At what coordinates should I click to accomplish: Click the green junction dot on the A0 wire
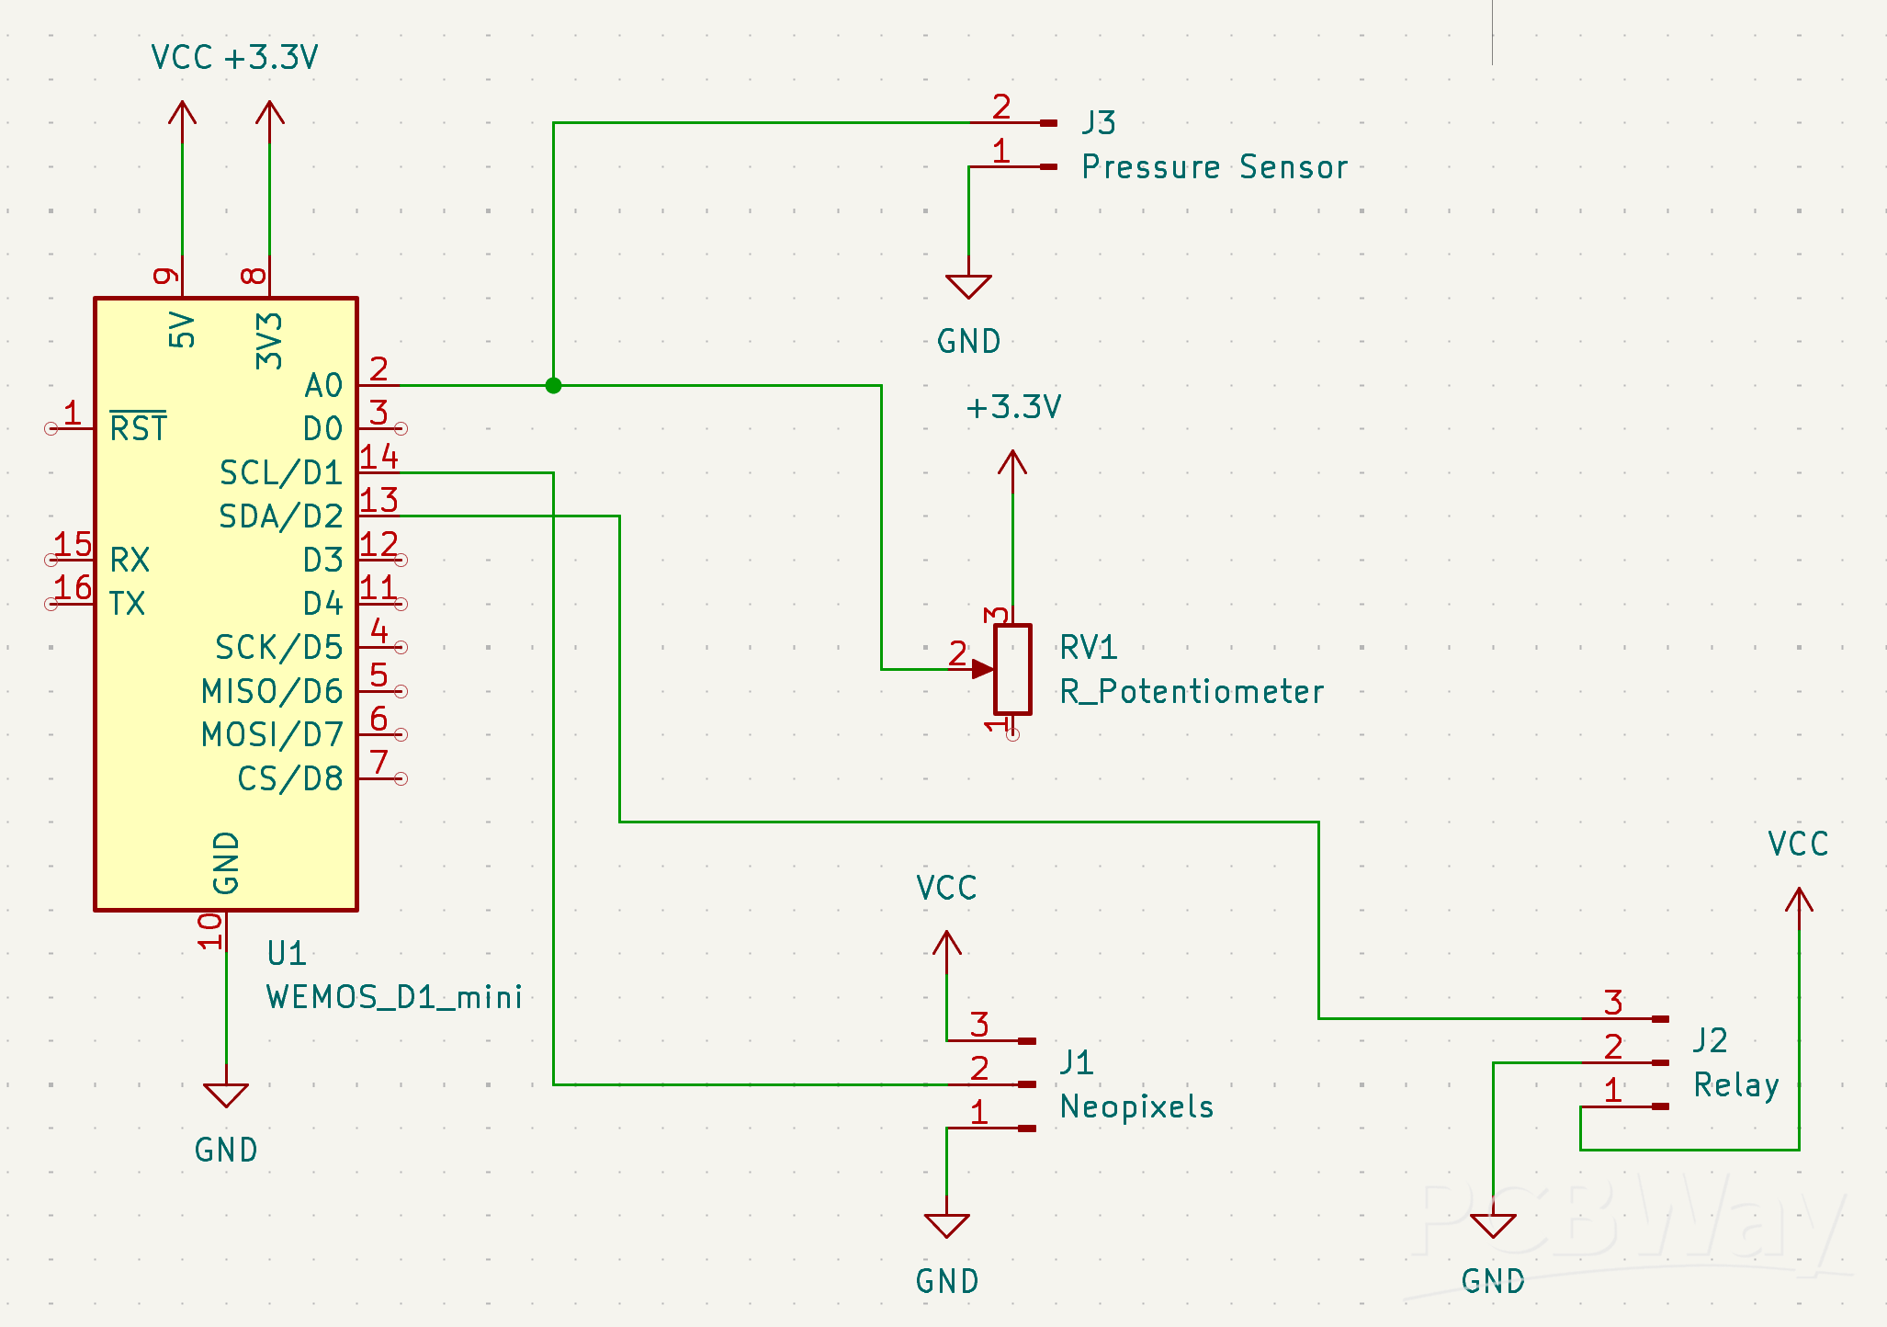553,385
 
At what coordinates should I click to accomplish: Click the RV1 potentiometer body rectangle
1012,669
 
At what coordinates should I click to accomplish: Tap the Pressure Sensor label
1214,167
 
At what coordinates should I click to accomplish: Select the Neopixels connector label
1136,1106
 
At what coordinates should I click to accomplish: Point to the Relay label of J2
1736,1085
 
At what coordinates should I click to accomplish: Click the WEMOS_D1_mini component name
394,997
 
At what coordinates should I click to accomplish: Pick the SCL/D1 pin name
280,472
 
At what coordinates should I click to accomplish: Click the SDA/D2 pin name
280,516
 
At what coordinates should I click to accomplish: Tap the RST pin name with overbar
138,428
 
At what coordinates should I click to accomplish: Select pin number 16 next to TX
73,587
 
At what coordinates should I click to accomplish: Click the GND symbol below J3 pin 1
968,286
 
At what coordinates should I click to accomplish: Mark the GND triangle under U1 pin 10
226,1094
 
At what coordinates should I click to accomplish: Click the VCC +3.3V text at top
234,58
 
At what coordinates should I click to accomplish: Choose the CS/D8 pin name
289,779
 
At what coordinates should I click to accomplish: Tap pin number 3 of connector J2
1613,1002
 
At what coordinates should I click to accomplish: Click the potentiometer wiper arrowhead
983,669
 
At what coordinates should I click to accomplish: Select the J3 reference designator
1098,122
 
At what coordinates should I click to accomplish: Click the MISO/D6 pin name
272,691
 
